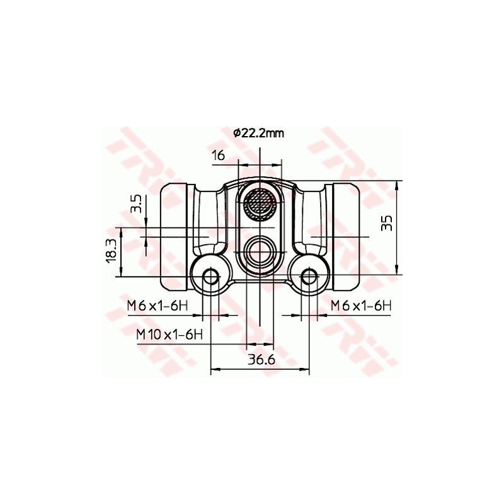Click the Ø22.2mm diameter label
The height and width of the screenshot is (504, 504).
coord(259,133)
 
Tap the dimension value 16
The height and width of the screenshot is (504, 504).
coord(218,156)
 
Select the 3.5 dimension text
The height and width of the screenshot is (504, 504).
coord(136,204)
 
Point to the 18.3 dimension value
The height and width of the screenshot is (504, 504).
coord(111,251)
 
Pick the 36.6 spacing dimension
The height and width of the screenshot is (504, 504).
coord(261,360)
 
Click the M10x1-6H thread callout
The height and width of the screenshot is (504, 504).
coord(169,335)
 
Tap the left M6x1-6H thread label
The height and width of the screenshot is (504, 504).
coord(157,306)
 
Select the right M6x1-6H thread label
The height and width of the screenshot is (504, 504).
coord(361,306)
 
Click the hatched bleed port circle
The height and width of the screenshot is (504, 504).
coord(259,203)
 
